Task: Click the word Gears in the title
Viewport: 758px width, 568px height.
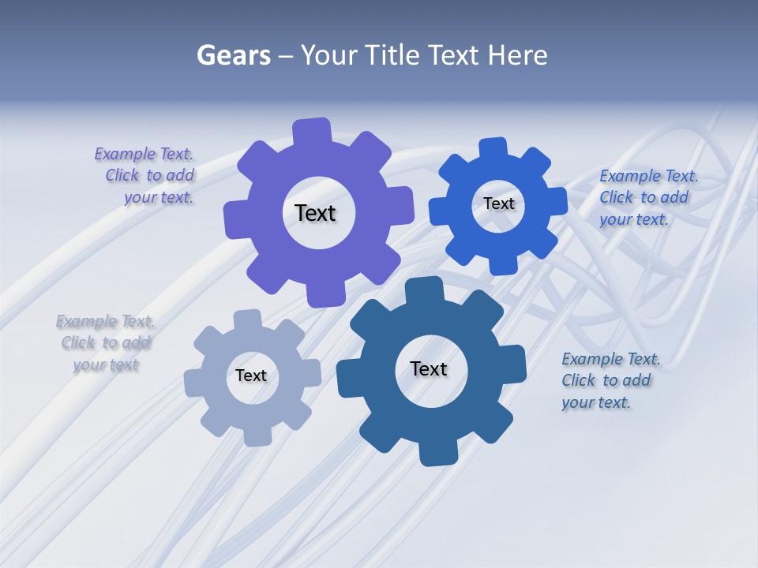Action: point(234,55)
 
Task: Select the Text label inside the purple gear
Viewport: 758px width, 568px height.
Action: point(315,213)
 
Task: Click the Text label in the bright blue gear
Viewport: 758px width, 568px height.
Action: point(498,204)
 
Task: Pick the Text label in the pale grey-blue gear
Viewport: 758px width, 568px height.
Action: point(251,376)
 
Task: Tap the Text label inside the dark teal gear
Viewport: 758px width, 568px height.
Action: point(428,368)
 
